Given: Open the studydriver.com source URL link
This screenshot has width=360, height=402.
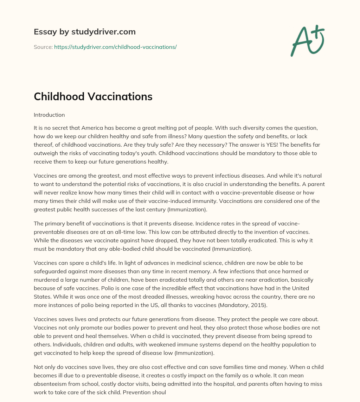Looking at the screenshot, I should tap(115, 47).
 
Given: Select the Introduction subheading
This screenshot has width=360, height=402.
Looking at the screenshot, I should tap(49, 115).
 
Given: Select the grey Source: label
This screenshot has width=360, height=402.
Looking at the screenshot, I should tap(43, 47).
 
